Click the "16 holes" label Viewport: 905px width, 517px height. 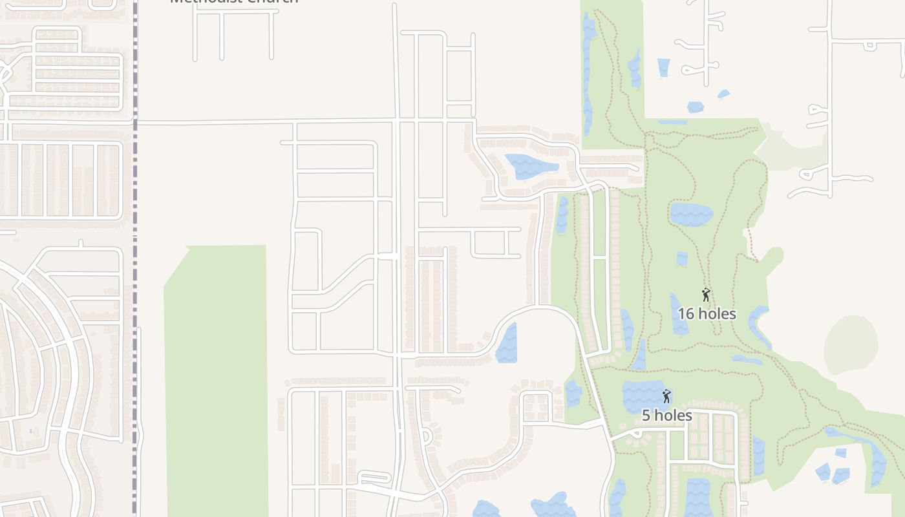[707, 313]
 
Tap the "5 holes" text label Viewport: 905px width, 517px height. [666, 416]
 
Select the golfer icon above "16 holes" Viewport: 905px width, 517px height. [705, 295]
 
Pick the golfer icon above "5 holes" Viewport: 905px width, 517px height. [666, 396]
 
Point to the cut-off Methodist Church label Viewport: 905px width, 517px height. [233, 2]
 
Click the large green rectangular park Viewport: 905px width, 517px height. [217, 381]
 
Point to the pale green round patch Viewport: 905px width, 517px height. [851, 345]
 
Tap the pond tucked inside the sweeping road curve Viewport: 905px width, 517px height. [507, 344]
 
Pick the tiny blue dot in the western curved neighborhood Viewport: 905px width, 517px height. [30, 431]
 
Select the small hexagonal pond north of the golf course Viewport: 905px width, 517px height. [696, 107]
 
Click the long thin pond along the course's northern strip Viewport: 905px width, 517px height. [588, 78]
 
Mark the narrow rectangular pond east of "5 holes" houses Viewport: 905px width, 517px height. [758, 456]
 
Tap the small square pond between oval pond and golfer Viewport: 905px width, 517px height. [682, 259]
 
